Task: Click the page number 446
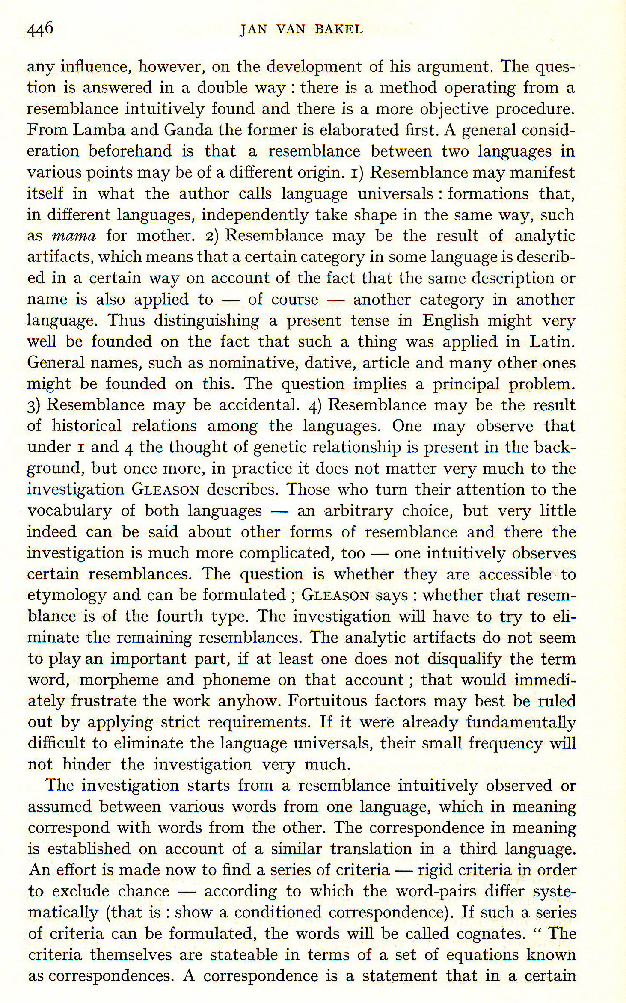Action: click(x=40, y=29)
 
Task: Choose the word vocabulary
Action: click(x=69, y=511)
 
